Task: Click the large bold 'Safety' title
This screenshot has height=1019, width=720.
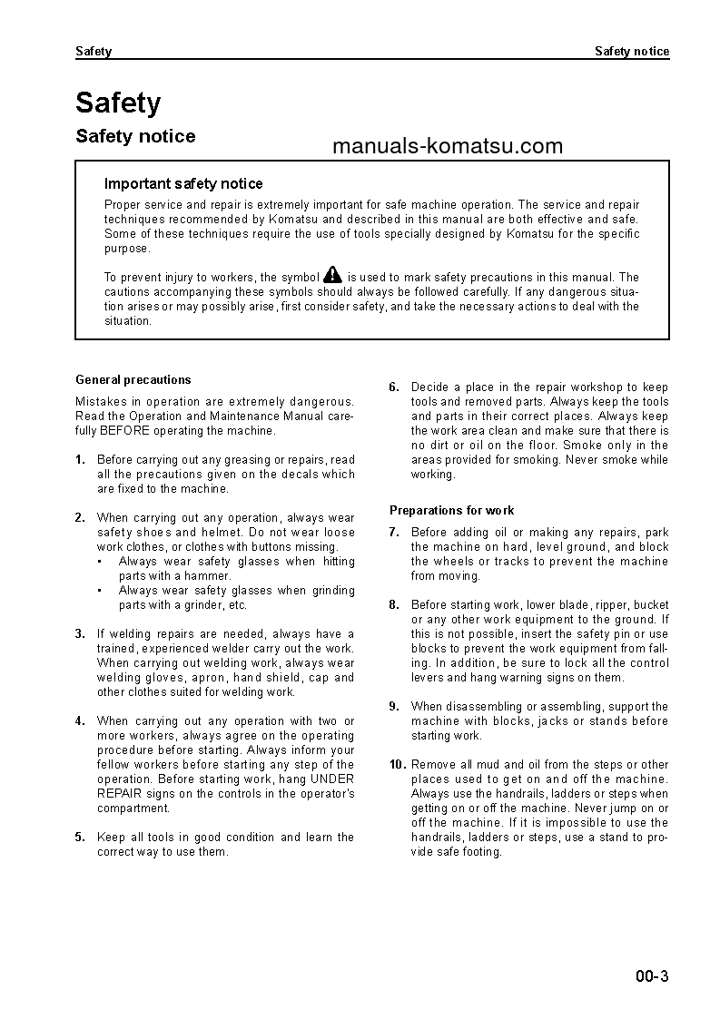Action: (x=118, y=103)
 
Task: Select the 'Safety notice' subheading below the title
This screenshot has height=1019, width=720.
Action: (x=135, y=136)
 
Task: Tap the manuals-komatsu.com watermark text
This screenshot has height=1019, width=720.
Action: (x=448, y=146)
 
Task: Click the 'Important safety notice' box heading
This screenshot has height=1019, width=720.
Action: (x=183, y=183)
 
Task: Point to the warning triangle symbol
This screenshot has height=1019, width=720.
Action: (x=333, y=275)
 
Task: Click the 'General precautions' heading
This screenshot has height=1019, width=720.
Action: (x=133, y=379)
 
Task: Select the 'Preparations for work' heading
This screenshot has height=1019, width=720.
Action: (x=451, y=510)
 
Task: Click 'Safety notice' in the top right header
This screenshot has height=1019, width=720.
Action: (x=632, y=52)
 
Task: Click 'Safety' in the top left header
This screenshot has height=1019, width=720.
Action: (x=94, y=52)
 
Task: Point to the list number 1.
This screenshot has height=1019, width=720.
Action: (x=80, y=459)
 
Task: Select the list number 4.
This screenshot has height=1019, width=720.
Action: (x=80, y=720)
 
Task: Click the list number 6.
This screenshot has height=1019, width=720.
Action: (x=394, y=387)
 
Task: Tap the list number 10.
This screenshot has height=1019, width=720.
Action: (x=398, y=764)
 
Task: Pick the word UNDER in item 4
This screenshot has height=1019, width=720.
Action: (x=332, y=779)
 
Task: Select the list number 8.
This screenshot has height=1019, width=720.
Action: (x=394, y=604)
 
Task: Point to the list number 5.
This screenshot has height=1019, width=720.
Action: (x=80, y=837)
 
